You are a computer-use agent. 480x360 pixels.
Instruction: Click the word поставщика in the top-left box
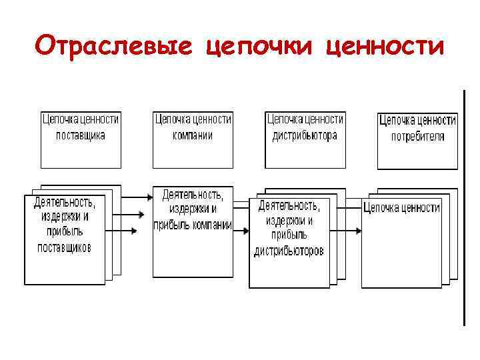(81, 135)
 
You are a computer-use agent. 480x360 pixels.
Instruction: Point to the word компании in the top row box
(193, 135)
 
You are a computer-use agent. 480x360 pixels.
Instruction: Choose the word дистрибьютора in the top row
(305, 135)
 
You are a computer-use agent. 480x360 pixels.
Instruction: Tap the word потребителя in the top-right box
(417, 136)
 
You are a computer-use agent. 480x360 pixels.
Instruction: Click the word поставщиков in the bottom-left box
(64, 247)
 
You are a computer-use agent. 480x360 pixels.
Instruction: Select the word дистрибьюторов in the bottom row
(289, 251)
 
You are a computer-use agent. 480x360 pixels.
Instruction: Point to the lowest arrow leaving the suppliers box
(124, 231)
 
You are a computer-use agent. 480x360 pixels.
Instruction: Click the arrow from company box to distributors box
(241, 231)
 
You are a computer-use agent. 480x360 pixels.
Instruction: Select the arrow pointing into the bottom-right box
(347, 231)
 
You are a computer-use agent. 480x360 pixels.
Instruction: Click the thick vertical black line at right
(462, 207)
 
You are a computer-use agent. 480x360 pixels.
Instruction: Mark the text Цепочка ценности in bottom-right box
(401, 208)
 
